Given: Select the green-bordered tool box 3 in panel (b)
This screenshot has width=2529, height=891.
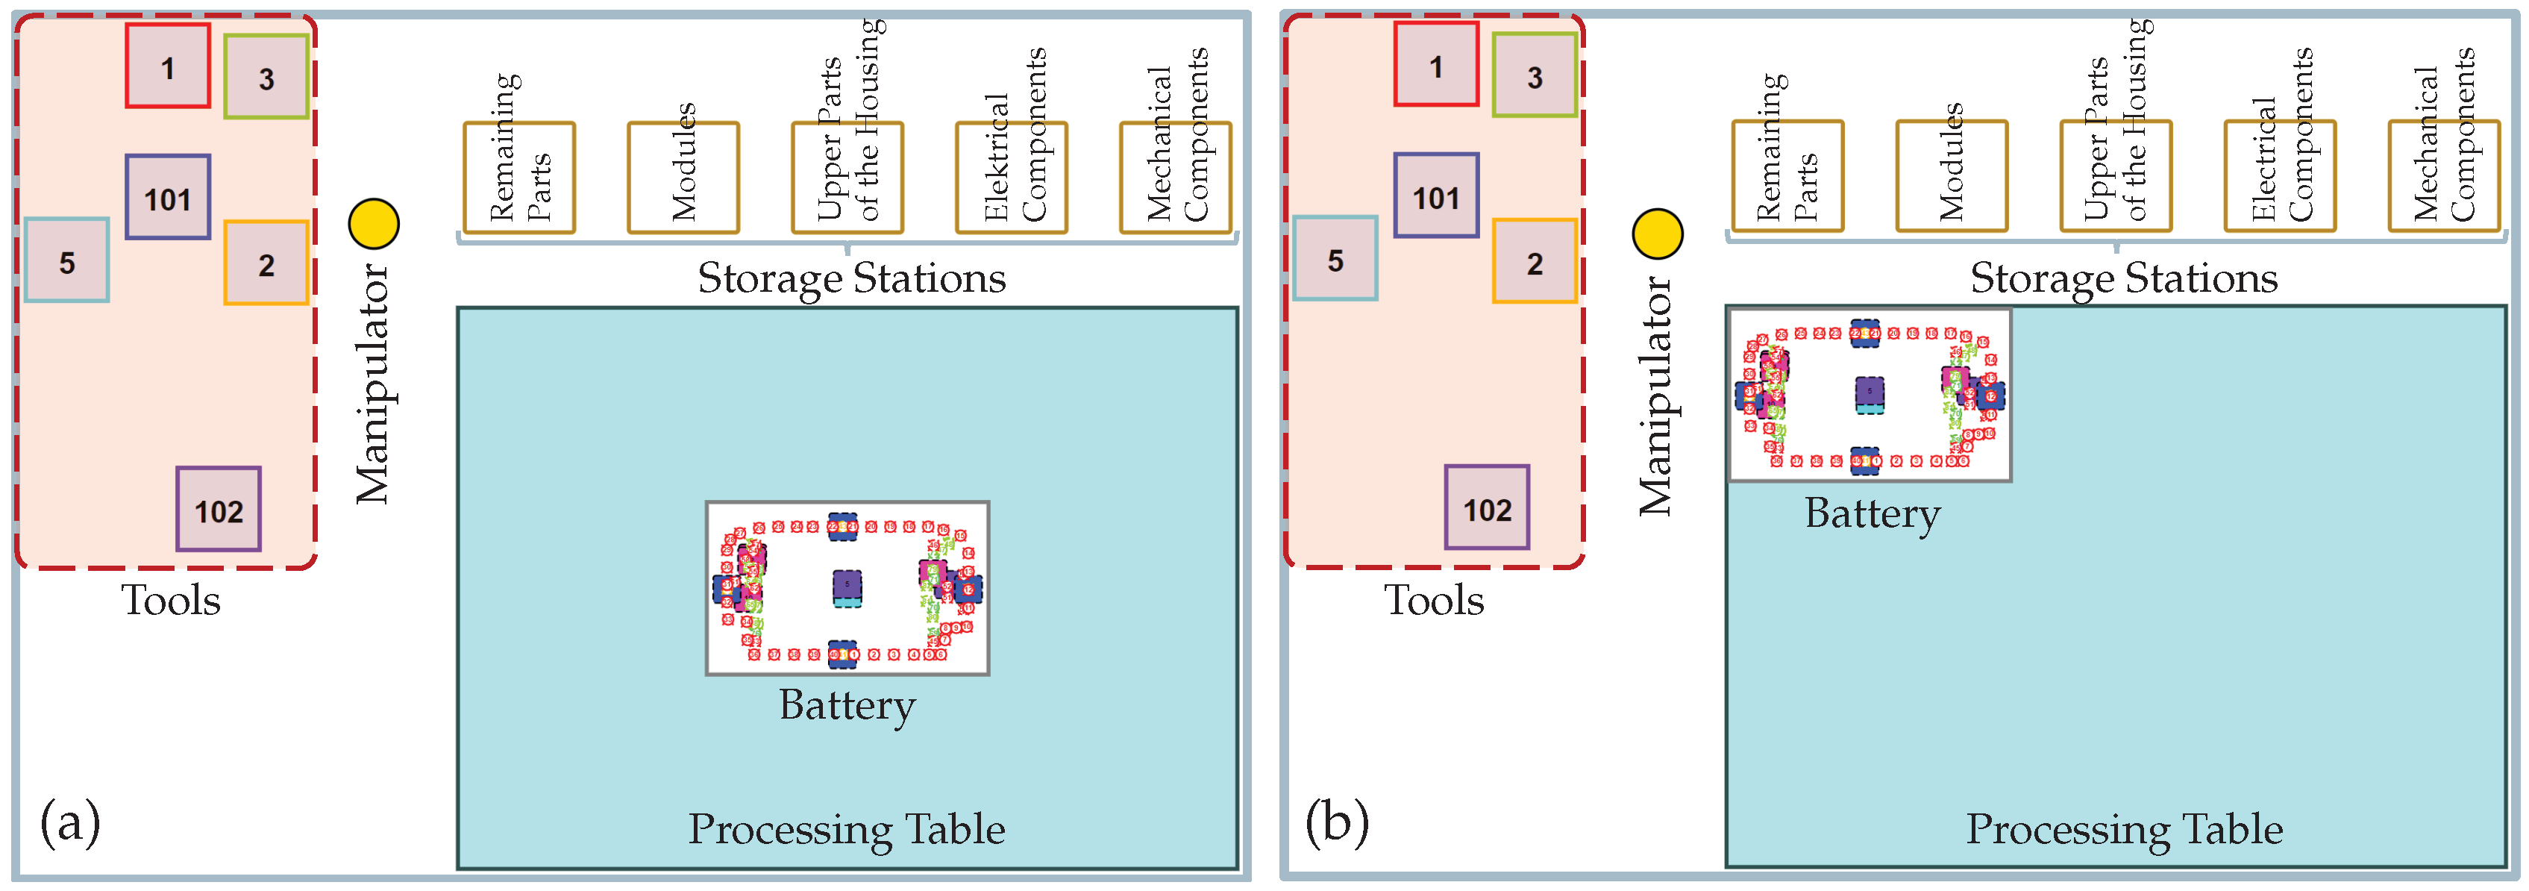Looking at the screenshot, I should (1535, 75).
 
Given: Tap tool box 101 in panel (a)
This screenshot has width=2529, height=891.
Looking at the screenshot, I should (168, 198).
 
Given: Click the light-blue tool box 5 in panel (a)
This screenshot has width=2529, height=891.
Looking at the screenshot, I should (66, 260).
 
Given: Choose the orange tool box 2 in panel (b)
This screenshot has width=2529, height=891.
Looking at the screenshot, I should (1535, 261).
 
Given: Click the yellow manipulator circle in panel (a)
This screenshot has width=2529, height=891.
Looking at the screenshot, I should (374, 224).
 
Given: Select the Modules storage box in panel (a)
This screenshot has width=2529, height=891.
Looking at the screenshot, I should (683, 178).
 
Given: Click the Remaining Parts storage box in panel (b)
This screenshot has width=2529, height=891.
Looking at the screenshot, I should (1787, 177).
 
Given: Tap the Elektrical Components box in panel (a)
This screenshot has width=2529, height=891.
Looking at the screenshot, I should (1011, 178).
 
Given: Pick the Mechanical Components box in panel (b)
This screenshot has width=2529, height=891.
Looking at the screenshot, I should (2444, 177).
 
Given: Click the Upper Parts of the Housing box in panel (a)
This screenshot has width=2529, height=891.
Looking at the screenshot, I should (847, 178).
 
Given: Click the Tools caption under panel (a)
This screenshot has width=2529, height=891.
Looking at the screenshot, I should (171, 600).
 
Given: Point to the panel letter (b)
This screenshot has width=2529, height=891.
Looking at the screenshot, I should (1336, 822).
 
